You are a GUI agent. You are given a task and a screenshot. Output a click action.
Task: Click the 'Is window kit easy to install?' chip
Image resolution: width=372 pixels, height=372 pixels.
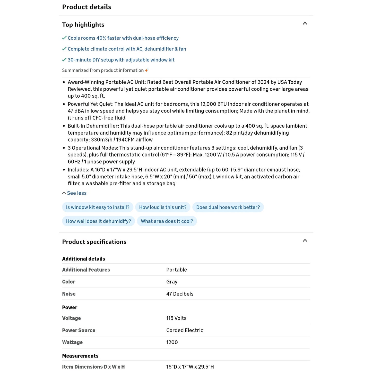click(x=98, y=207)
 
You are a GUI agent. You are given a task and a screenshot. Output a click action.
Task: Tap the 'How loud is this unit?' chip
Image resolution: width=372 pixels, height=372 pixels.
click(x=163, y=207)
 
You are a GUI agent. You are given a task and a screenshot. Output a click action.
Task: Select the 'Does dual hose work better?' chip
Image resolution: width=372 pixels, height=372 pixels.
click(x=228, y=207)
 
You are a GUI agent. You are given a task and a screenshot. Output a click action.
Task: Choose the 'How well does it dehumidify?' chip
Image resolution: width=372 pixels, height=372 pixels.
click(x=98, y=221)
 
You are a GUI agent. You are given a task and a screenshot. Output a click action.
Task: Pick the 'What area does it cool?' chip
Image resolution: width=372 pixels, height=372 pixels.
click(x=167, y=221)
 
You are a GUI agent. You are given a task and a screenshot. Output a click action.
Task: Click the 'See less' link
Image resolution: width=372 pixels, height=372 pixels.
click(x=77, y=193)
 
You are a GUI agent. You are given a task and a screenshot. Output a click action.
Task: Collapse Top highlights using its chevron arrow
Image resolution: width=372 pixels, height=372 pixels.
click(x=305, y=24)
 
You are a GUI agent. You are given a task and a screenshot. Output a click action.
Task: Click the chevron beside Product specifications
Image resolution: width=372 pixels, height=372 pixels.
click(x=305, y=241)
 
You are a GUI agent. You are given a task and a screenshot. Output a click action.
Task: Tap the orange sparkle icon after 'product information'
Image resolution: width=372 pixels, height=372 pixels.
click(x=147, y=70)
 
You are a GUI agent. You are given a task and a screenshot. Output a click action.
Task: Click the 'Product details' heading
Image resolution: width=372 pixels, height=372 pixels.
click(x=86, y=7)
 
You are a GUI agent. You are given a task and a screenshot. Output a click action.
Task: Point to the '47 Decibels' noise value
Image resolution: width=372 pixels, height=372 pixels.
click(x=180, y=294)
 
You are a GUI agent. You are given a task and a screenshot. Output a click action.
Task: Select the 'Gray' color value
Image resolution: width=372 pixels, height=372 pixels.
click(x=172, y=282)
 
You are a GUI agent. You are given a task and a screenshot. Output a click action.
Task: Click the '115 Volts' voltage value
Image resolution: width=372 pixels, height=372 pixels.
click(x=176, y=318)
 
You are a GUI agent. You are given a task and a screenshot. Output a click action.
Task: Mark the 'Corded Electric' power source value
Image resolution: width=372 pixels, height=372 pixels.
click(x=185, y=330)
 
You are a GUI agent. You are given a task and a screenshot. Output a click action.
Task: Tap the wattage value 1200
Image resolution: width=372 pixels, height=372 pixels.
click(x=172, y=342)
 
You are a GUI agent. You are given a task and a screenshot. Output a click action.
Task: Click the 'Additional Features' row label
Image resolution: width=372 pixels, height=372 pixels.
click(x=86, y=270)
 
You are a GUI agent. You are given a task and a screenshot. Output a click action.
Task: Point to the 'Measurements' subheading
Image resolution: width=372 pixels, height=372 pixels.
click(x=80, y=356)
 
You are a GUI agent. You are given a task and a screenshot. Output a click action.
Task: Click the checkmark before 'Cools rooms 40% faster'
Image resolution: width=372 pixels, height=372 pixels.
click(x=64, y=38)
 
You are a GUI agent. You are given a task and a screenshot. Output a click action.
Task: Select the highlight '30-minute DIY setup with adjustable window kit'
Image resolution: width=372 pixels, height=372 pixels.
click(x=121, y=60)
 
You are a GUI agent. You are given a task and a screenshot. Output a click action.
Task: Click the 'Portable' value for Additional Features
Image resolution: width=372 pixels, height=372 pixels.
click(x=177, y=270)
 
